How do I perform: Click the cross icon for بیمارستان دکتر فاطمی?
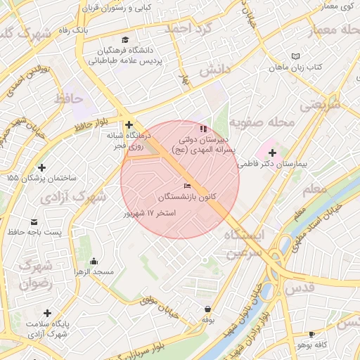[x=272, y=152]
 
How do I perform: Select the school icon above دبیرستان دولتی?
[x=204, y=129]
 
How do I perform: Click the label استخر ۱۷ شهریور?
[x=149, y=212]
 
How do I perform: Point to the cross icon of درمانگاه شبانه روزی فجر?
[x=129, y=124]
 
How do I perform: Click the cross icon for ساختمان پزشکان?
[x=43, y=167]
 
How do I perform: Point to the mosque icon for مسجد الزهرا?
[x=77, y=270]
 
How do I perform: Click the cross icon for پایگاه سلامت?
[x=47, y=313]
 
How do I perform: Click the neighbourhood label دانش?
[x=214, y=70]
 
